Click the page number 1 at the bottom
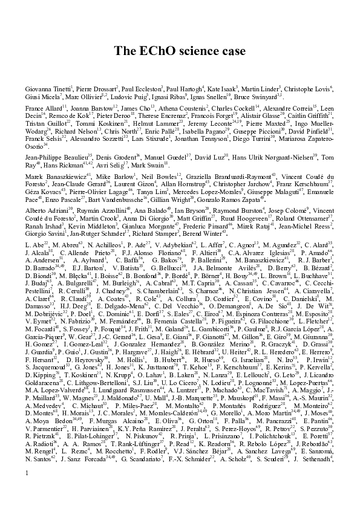pos(28,499)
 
